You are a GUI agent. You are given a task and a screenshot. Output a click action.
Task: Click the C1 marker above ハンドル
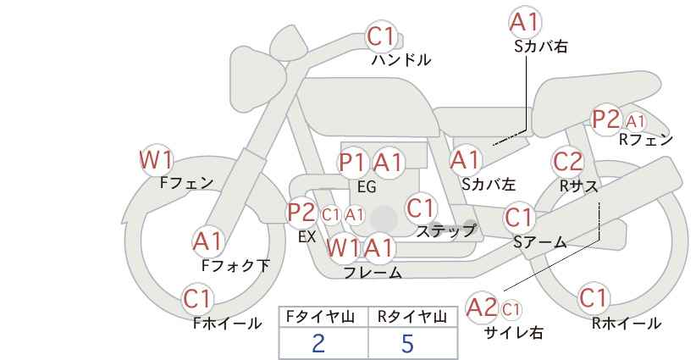tap(381, 36)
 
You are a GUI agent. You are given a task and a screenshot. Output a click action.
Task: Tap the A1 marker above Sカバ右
tap(525, 23)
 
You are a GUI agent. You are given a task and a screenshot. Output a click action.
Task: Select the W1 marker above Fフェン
tap(156, 160)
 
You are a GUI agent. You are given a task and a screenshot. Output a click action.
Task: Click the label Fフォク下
tap(235, 265)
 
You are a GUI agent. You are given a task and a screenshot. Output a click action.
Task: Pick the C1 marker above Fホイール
tap(196, 299)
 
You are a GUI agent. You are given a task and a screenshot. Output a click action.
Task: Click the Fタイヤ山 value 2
tap(318, 343)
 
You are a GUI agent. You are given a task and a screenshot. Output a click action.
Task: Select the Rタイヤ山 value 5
tap(407, 343)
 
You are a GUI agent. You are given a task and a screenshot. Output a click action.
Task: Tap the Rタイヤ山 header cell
tap(412, 317)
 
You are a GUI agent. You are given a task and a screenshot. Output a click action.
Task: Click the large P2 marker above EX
tap(301, 213)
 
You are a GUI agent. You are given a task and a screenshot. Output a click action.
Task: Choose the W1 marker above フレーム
tap(343, 247)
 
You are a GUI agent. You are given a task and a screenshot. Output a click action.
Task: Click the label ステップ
tap(445, 231)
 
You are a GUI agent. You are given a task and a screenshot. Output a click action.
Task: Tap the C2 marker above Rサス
tap(567, 162)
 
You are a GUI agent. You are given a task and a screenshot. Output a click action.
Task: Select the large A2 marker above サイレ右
tap(482, 307)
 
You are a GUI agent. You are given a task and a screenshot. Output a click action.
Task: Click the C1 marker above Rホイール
tap(594, 298)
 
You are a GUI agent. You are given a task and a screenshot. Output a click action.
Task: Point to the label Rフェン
tap(646, 140)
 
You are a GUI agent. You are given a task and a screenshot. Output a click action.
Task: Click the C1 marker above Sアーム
tap(518, 218)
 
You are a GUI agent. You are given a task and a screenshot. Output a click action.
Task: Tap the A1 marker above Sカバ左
tap(465, 160)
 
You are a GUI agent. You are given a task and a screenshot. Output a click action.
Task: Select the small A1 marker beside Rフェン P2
tap(636, 121)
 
